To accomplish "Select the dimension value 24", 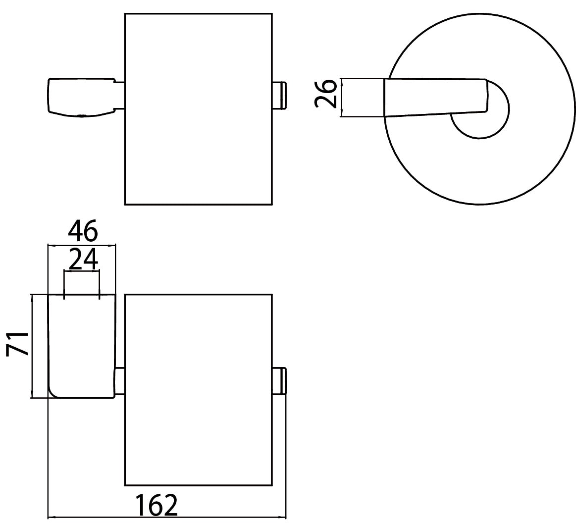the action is point(83,260).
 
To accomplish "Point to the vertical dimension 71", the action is point(17,344).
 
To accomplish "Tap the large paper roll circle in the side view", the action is point(479,204).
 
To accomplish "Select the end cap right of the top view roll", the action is point(279,96).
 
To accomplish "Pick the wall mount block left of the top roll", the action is point(81,98).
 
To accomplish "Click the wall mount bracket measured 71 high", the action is point(82,346).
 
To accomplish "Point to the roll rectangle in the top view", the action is point(199,109).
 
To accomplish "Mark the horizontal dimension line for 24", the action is point(82,271).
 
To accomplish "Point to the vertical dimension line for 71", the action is point(32,346).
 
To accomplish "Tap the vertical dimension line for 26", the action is point(342,98).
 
